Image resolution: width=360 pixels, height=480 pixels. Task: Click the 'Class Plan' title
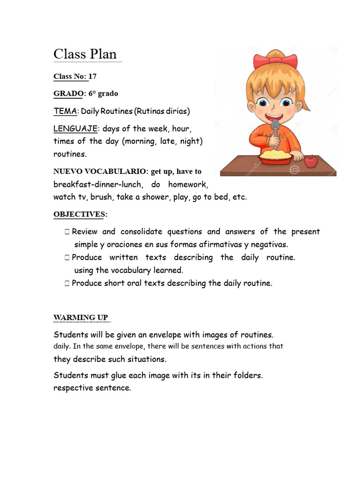(x=85, y=54)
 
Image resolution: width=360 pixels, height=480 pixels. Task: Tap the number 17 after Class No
(x=92, y=76)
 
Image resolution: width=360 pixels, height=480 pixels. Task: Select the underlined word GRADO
(x=68, y=93)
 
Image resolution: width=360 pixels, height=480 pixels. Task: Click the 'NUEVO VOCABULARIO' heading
(x=100, y=172)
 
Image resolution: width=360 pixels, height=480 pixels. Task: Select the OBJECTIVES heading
(x=79, y=214)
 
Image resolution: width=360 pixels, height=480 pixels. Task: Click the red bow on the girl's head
(x=275, y=60)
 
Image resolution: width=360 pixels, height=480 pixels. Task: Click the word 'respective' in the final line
(x=73, y=388)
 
